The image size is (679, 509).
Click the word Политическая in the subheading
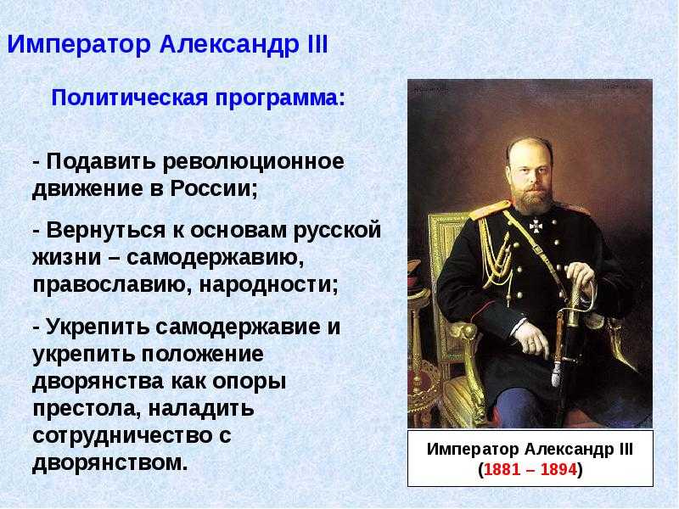pyautogui.click(x=130, y=98)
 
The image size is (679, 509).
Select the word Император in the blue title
pyautogui.click(x=79, y=45)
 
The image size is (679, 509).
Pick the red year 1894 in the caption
pyautogui.click(x=558, y=469)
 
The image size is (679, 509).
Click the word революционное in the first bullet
pyautogui.click(x=253, y=162)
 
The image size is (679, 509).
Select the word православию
pyautogui.click(x=112, y=285)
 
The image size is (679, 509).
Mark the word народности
pyautogui.click(x=268, y=285)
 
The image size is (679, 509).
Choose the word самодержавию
pyautogui.click(x=216, y=258)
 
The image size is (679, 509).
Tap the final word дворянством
pyautogui.click(x=110, y=462)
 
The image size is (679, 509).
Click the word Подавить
pyautogui.click(x=100, y=162)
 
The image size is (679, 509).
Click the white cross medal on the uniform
pyautogui.click(x=536, y=226)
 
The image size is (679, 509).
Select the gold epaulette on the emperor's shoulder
pyautogui.click(x=490, y=210)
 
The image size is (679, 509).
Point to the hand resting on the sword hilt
pyautogui.click(x=581, y=277)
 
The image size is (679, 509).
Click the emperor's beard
pyautogui.click(x=531, y=200)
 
